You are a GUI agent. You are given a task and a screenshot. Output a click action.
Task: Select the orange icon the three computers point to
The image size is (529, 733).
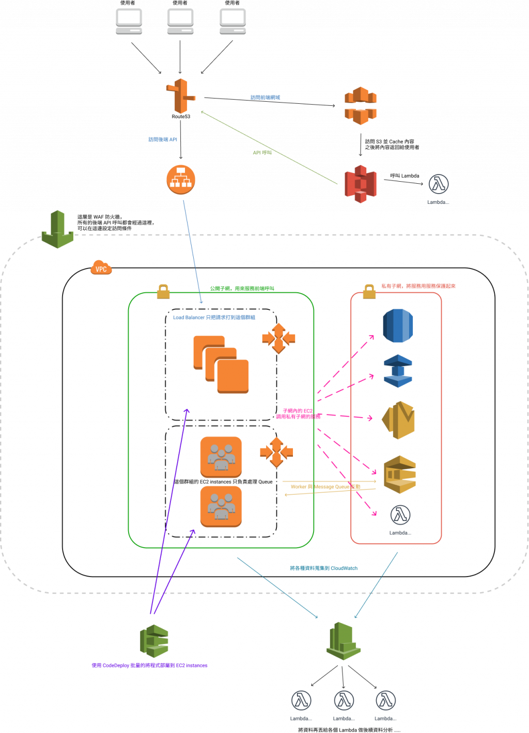click(180, 96)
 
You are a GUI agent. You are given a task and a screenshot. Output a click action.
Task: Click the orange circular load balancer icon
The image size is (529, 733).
click(181, 180)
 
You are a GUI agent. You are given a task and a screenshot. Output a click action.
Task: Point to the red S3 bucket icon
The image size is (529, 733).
click(361, 184)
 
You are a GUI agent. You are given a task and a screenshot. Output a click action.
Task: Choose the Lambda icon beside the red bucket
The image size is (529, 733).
click(438, 184)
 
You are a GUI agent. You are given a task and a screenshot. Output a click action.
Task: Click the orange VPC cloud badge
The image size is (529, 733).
click(101, 268)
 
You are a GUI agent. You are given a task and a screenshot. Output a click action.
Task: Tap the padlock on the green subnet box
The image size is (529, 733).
click(163, 292)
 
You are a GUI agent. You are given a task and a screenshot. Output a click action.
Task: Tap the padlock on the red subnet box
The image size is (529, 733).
click(369, 292)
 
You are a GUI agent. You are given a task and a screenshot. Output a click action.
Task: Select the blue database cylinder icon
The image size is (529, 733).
click(398, 325)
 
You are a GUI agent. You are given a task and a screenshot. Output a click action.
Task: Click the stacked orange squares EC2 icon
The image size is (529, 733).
click(221, 364)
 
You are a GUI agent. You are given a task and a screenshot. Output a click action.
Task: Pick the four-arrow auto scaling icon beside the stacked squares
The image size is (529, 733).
click(278, 339)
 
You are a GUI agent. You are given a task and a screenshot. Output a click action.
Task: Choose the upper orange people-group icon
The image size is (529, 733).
click(221, 457)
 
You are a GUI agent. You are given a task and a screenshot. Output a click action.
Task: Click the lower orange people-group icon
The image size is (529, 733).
click(221, 506)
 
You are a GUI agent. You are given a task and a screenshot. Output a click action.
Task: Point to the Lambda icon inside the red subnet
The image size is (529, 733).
click(400, 515)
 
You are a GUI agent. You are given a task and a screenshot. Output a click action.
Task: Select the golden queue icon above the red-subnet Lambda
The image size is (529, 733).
click(400, 474)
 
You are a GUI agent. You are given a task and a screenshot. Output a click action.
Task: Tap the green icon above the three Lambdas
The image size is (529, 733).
click(343, 640)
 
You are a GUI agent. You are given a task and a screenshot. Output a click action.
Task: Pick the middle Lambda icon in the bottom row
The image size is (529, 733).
click(344, 701)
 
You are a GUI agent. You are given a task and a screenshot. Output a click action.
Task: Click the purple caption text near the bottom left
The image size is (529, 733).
click(149, 665)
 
